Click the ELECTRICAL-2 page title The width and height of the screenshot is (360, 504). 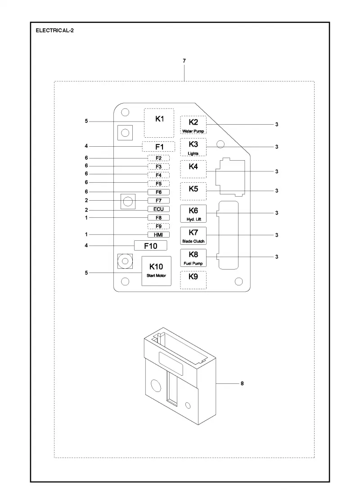tap(54, 31)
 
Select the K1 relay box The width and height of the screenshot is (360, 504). tap(159, 123)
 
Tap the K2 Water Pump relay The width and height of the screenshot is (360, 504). tap(193, 125)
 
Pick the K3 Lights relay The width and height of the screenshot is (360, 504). tap(193, 147)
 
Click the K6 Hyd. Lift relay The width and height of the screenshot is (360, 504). tap(193, 214)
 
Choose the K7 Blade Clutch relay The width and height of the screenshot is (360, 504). tap(193, 236)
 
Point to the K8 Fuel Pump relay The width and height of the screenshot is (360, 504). tap(193, 258)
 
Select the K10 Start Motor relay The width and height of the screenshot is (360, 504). tap(156, 270)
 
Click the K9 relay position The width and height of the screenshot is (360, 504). tap(193, 279)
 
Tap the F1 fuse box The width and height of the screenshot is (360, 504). tap(159, 147)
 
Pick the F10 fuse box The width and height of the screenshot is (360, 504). tap(150, 246)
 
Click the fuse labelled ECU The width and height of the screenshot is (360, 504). tap(158, 209)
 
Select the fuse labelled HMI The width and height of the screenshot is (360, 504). tap(158, 234)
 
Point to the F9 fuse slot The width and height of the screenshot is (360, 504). tap(158, 226)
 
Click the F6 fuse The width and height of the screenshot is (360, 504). tap(158, 192)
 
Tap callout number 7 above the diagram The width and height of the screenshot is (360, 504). tap(184, 60)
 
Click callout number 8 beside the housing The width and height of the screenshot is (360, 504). tap(242, 383)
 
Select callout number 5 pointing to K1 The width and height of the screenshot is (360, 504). tap(86, 121)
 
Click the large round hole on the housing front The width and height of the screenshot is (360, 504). tap(156, 385)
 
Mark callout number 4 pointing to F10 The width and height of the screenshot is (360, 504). tap(86, 245)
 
